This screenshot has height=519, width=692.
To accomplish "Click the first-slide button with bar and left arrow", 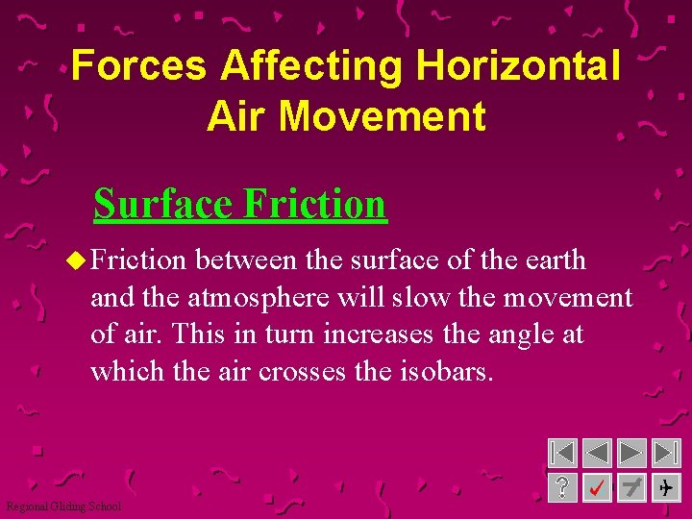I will [562, 454].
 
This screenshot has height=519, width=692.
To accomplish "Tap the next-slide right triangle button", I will [631, 454].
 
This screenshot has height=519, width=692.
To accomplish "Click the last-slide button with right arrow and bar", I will [666, 454].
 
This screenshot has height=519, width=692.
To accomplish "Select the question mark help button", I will [562, 488].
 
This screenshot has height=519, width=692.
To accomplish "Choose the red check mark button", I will [597, 488].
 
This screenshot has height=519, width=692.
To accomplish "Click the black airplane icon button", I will [666, 488].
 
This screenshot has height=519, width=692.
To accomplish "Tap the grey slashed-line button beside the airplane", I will [631, 488].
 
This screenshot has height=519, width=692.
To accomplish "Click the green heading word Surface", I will [163, 204].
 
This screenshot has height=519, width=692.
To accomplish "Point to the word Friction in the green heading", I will [314, 204].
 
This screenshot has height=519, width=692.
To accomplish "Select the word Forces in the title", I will [138, 66].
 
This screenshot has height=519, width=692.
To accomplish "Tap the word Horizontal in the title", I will [518, 66].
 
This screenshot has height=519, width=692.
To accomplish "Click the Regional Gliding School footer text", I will [63, 507].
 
